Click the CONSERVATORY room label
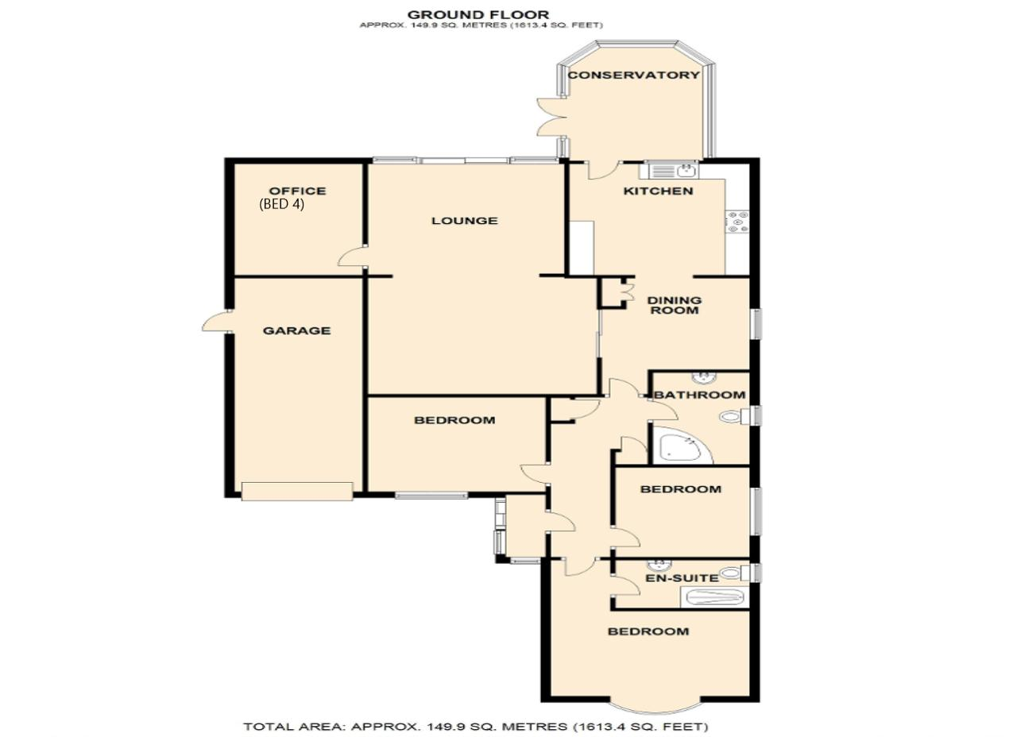[633, 75]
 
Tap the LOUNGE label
[465, 221]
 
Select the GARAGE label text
[297, 330]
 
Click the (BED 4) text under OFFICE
[281, 204]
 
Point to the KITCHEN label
[659, 191]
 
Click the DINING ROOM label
[675, 306]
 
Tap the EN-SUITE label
[683, 578]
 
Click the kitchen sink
[670, 171]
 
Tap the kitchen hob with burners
[737, 222]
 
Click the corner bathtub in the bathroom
[679, 447]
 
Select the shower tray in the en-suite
[714, 597]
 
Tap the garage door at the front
[297, 492]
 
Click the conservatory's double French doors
[551, 117]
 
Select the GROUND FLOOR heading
[478, 15]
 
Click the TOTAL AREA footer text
[476, 727]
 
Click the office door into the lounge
[352, 257]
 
